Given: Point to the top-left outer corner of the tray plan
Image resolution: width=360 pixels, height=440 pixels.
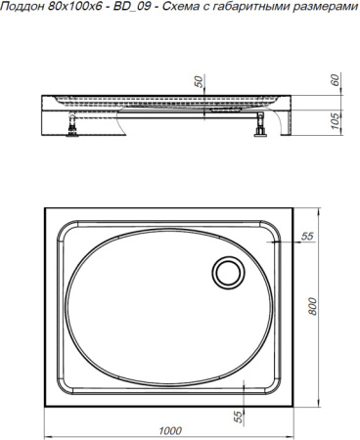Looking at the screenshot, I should point(45,208).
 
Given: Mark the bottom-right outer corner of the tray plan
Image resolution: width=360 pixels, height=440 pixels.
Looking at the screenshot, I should point(295,403).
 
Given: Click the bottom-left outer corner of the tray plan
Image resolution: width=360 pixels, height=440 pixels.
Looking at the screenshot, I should point(45,403).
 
